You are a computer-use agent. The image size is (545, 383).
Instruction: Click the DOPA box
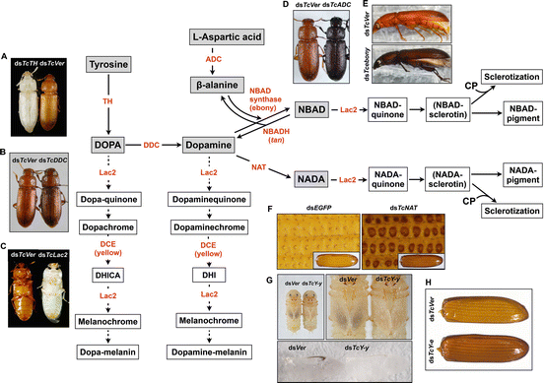(107, 145)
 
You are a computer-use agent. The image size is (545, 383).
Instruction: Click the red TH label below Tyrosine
(116, 100)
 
